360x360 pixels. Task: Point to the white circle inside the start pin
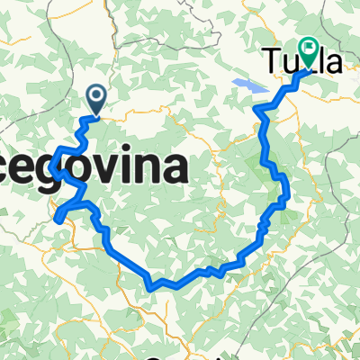pos(96,94)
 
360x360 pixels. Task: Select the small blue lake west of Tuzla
pos(247,85)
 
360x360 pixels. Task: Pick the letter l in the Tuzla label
pos(320,61)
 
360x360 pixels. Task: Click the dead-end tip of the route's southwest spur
pos(56,219)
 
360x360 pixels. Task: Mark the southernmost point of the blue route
pos(152,289)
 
